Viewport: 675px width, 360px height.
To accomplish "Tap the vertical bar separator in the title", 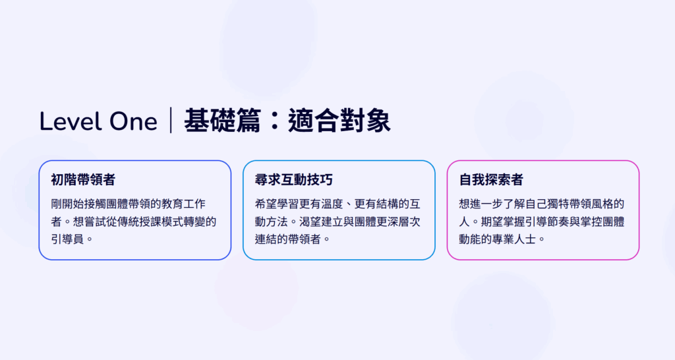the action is coord(171,120).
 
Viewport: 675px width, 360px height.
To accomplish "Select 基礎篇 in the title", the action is coord(222,120).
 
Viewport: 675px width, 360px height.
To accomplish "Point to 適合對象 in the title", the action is coord(339,120).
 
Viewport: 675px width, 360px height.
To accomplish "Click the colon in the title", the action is coord(274,121).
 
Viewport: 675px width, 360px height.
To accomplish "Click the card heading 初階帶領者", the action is coord(83,179).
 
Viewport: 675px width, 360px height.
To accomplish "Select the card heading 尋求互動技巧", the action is coord(293,179).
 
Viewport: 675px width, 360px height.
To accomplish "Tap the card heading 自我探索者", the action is coord(491,179).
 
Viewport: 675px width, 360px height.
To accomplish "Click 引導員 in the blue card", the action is coord(67,239).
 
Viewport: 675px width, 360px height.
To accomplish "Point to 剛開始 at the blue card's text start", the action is coord(67,204).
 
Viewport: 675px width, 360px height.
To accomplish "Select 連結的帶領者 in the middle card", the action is coord(288,239).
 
